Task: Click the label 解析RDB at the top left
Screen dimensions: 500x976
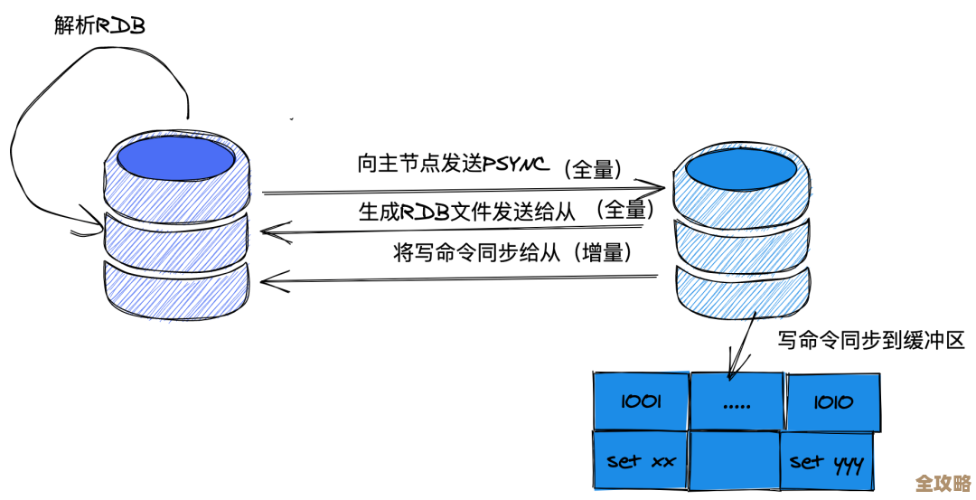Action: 99,26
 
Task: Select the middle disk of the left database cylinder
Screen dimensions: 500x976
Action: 177,234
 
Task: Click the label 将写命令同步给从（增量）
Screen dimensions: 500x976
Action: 511,252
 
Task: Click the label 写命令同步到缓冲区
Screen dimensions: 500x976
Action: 871,341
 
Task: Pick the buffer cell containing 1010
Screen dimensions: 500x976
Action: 831,401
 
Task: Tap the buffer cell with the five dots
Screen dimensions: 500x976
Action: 737,401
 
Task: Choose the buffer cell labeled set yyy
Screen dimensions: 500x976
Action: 826,463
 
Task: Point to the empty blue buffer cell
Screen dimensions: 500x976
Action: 735,462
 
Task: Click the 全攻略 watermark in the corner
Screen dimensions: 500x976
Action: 943,482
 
